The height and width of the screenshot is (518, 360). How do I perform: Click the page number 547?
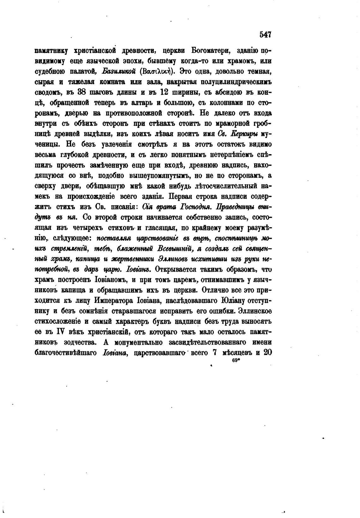(x=265, y=34)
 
